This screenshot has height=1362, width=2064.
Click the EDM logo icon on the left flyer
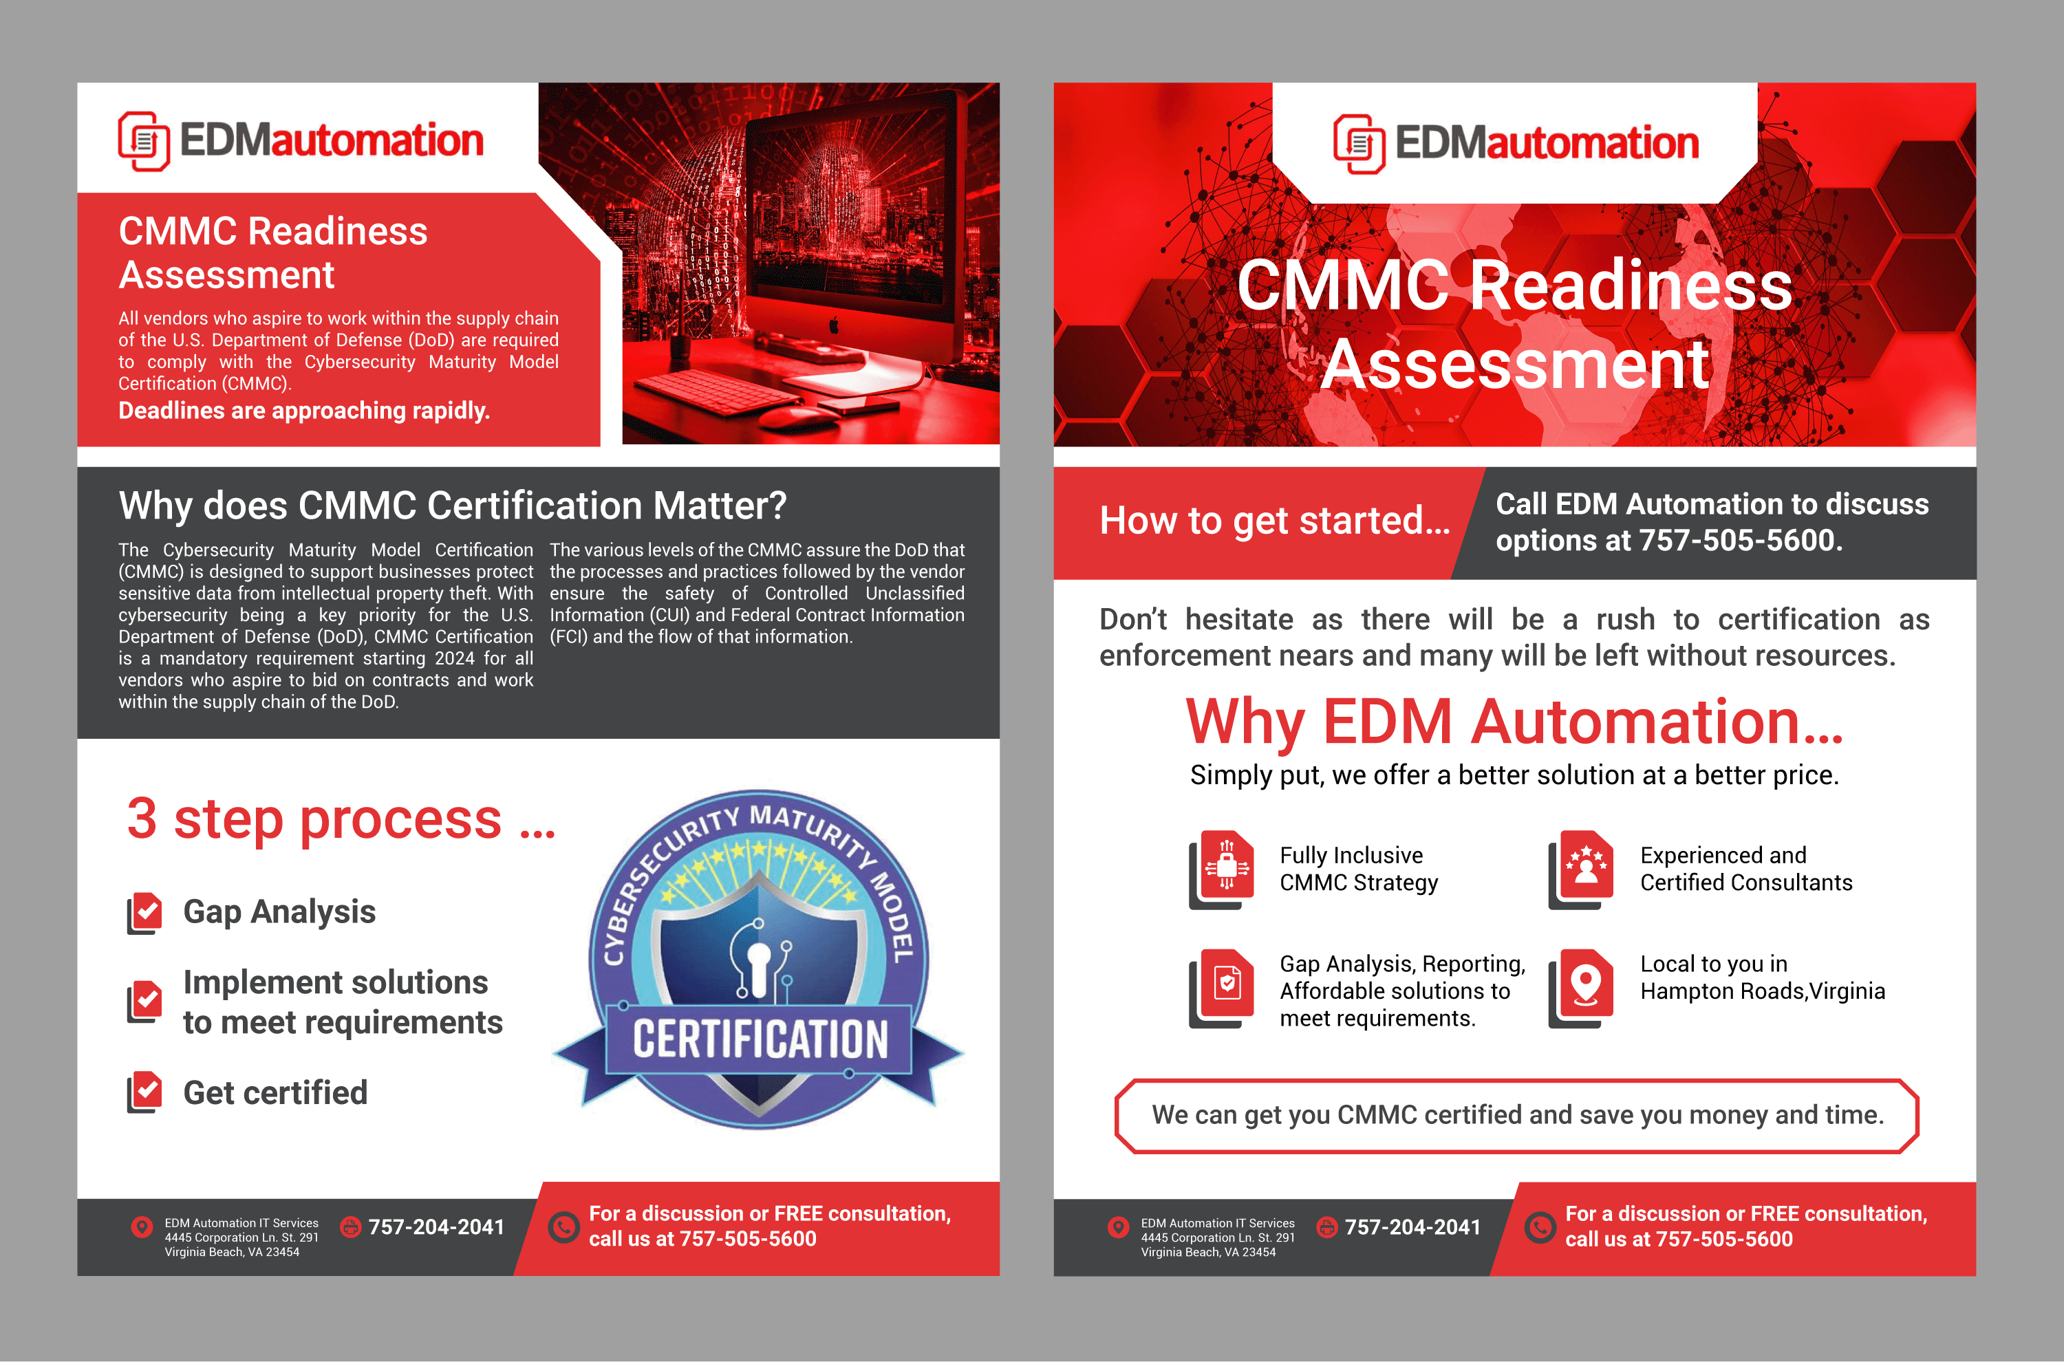[x=143, y=141]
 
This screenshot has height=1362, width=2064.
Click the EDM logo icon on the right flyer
[x=1359, y=143]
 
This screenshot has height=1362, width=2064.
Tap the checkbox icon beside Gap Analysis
[x=145, y=913]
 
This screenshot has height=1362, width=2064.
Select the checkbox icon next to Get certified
[x=145, y=1092]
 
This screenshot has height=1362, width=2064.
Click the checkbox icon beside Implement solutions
[x=145, y=1002]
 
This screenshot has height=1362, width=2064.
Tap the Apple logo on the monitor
[x=834, y=327]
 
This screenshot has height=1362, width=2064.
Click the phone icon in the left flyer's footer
[x=563, y=1226]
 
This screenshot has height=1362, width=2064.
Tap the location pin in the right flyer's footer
[x=1118, y=1226]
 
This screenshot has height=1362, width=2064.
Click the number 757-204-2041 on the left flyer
[x=436, y=1226]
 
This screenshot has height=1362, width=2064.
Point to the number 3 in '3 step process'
[x=142, y=819]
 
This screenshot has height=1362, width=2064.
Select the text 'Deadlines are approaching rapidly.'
[x=304, y=411]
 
